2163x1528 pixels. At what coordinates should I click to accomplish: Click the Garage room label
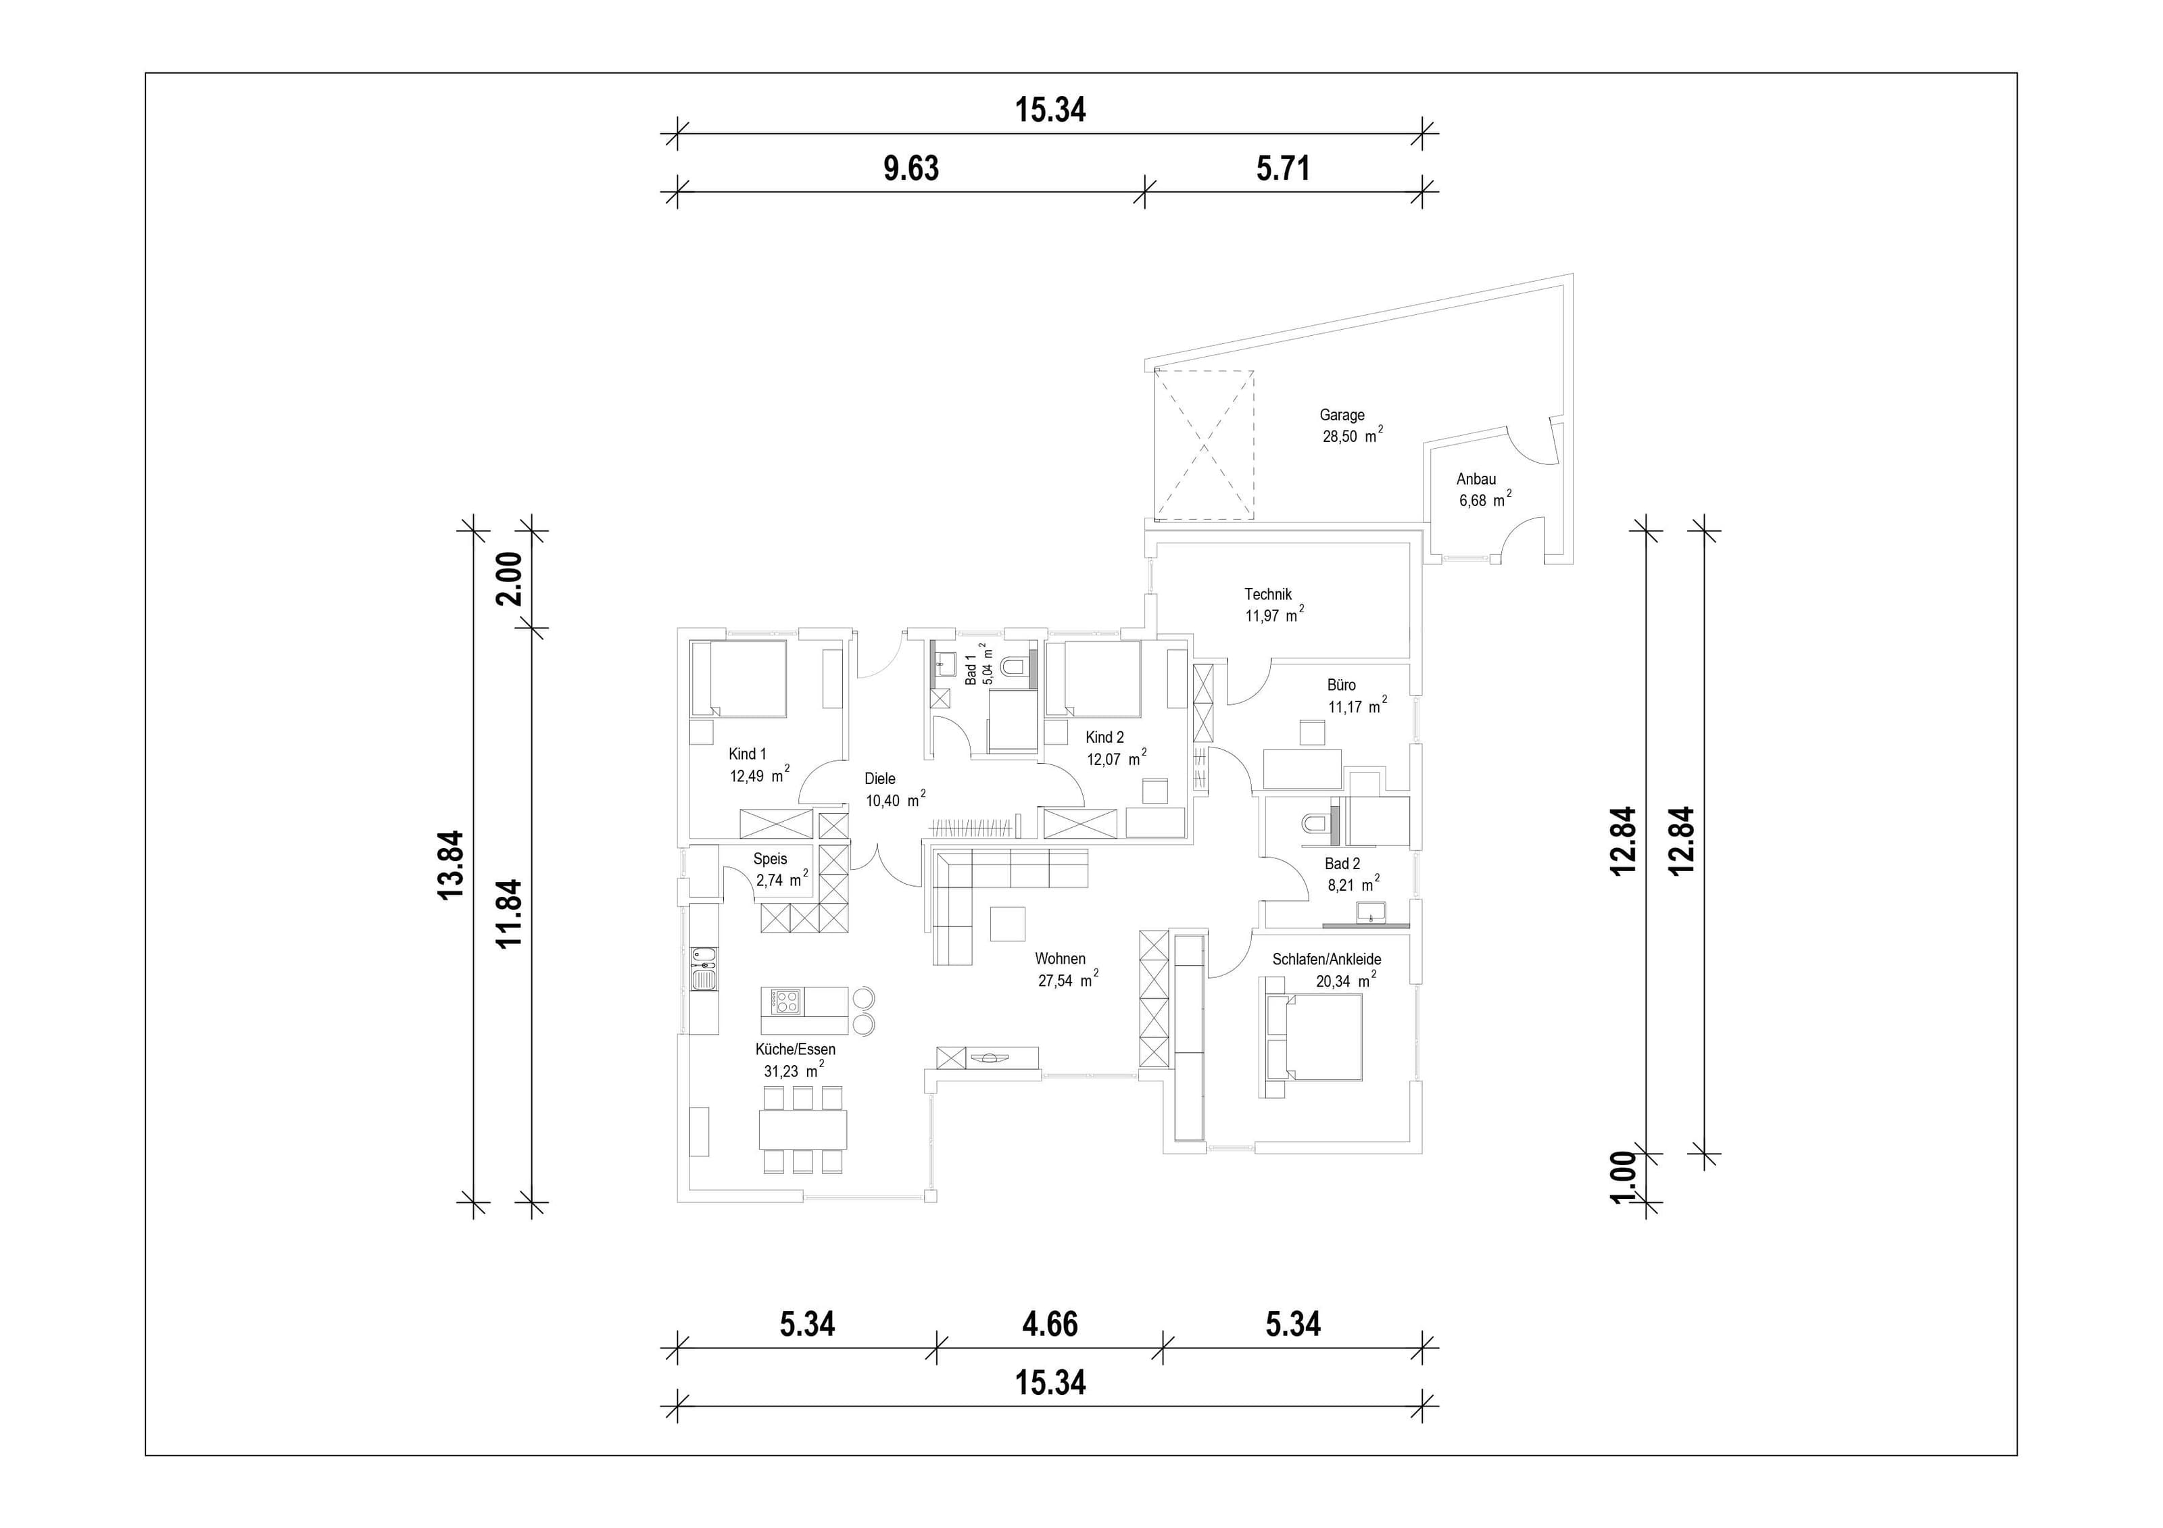[x=1342, y=414]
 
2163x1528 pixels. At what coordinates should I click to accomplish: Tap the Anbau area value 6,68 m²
[x=1486, y=499]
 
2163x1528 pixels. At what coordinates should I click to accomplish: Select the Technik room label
[x=1268, y=595]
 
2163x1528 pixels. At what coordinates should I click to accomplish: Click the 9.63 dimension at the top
[x=911, y=169]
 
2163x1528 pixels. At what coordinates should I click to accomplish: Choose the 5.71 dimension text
[x=1283, y=169]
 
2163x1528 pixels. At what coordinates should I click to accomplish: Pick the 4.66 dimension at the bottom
[x=1050, y=1325]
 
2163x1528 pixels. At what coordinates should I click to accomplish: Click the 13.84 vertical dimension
[x=452, y=865]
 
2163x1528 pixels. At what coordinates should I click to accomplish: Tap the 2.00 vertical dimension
[x=509, y=578]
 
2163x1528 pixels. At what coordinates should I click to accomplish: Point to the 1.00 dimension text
[x=1624, y=1177]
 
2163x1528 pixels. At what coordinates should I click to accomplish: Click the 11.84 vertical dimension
[x=509, y=913]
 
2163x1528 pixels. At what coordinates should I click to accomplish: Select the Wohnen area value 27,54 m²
[x=1068, y=980]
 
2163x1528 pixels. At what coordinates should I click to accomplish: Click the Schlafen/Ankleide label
[x=1326, y=959]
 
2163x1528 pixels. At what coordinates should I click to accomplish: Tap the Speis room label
[x=770, y=859]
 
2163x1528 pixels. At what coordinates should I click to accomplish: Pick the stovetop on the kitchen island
[x=787, y=1002]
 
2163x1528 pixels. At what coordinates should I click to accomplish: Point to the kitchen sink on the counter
[x=703, y=971]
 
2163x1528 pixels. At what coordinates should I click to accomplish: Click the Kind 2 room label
[x=1104, y=737]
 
